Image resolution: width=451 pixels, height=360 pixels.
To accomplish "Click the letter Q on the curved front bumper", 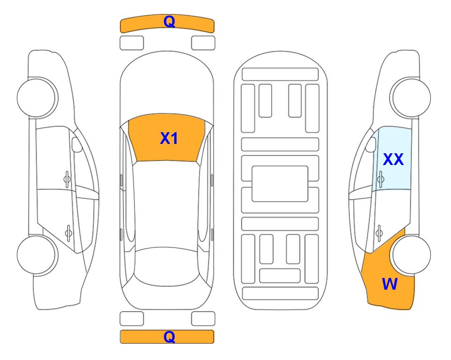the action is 169,21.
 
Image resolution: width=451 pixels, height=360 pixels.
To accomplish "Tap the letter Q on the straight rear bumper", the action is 169,337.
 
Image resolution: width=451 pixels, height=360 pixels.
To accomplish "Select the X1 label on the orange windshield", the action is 169,138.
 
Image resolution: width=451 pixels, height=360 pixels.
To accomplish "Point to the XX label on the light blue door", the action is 393,159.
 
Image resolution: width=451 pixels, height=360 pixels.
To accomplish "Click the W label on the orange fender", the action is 390,284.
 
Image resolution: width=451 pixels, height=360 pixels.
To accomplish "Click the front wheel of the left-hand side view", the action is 37,97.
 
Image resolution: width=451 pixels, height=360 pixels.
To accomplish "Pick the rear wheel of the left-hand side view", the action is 37,255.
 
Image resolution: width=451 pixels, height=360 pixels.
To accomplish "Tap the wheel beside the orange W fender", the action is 412,255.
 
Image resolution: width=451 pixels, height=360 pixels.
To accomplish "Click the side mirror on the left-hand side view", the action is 77,144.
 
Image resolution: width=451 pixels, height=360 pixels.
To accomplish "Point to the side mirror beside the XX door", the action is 371,144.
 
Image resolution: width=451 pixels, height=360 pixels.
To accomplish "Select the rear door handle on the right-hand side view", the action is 379,233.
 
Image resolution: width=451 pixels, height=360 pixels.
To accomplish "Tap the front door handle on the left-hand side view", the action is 67,179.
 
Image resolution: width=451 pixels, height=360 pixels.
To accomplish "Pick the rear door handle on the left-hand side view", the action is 68,233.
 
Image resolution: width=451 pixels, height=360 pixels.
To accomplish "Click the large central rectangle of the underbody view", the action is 280,184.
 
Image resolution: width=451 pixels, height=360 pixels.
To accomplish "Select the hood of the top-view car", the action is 167,86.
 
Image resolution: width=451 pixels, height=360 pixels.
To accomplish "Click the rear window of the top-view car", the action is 167,266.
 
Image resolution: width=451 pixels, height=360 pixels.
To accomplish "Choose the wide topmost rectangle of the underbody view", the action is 280,75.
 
